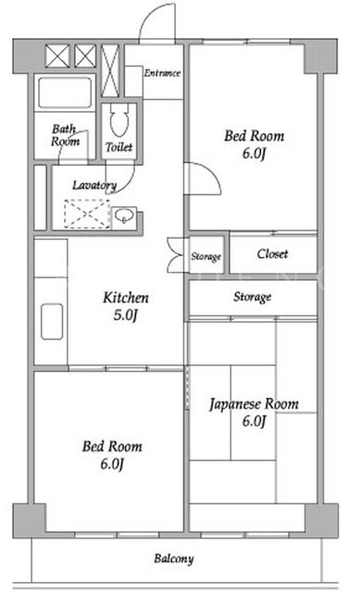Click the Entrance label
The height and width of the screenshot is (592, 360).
tap(162, 73)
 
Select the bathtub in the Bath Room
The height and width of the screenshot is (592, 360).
tap(65, 92)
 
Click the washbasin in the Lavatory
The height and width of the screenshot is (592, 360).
tap(123, 216)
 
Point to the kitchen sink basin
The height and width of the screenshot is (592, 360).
tap(52, 321)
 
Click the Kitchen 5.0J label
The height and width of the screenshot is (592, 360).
tap(126, 306)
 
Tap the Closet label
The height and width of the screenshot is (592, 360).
tap(272, 253)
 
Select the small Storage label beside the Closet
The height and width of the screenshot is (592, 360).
tap(205, 257)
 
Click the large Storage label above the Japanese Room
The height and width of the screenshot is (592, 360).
tap(253, 297)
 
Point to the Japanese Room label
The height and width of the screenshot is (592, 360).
tap(254, 413)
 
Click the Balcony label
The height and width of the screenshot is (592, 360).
tap(174, 559)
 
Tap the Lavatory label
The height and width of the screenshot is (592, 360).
tap(94, 185)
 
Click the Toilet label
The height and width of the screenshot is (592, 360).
tap(119, 147)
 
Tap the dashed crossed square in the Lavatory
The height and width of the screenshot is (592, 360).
tap(87, 214)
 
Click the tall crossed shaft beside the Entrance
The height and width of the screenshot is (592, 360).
tap(110, 70)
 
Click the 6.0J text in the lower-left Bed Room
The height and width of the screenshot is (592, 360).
tap(112, 463)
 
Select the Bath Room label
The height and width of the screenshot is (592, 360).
tap(66, 135)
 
